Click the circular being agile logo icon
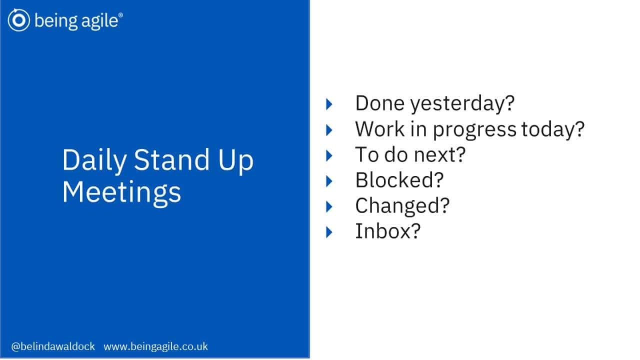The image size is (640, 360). tap(19, 20)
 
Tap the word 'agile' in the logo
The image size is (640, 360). tap(99, 21)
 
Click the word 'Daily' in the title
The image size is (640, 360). tap(94, 160)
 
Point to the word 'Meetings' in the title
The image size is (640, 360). tap(121, 192)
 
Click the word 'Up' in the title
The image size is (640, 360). tap(236, 160)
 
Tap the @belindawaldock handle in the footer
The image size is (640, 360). tap(53, 346)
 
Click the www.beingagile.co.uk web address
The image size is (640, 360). tap(155, 346)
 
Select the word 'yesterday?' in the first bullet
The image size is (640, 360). tap(462, 103)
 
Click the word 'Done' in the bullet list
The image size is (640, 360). tap(379, 103)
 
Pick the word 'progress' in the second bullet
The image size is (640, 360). tap(475, 130)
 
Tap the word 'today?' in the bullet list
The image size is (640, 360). tap(553, 129)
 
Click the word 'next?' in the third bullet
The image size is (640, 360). tap(439, 155)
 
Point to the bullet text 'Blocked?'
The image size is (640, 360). tap(399, 180)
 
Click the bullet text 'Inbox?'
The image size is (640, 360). tap(387, 231)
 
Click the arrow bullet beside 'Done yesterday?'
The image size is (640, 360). tap(329, 104)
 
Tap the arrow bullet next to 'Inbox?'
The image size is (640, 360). tap(329, 232)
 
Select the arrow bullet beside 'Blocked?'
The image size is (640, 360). tap(329, 181)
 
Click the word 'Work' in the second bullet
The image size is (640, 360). tap(379, 129)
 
